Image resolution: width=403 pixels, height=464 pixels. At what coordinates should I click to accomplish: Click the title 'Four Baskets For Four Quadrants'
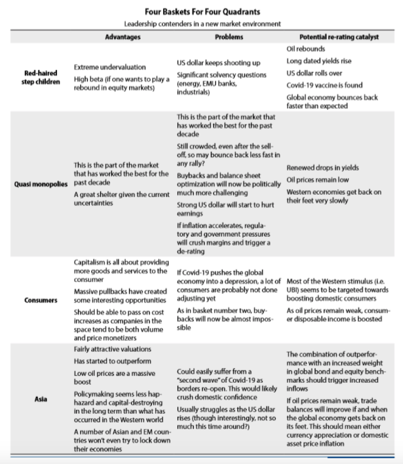(x=201, y=12)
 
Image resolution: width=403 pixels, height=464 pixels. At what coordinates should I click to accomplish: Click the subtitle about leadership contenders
(x=202, y=23)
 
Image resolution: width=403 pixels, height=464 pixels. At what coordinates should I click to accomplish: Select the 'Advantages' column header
(x=123, y=37)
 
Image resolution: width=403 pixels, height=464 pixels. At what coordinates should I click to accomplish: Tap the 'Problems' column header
(x=229, y=37)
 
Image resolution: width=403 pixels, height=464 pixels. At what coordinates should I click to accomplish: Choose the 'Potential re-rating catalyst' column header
(x=339, y=37)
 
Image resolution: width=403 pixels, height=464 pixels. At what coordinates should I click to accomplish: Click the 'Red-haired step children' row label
(x=42, y=77)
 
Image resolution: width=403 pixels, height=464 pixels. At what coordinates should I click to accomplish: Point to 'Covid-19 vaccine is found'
(x=324, y=85)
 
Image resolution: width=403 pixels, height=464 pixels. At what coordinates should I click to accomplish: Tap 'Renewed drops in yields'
(x=322, y=168)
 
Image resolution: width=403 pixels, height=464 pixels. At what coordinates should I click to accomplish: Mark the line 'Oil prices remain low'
(x=318, y=180)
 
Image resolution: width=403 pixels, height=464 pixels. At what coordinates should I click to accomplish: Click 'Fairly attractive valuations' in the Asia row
(x=113, y=349)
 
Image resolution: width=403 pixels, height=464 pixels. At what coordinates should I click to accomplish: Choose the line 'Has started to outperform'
(x=112, y=361)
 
